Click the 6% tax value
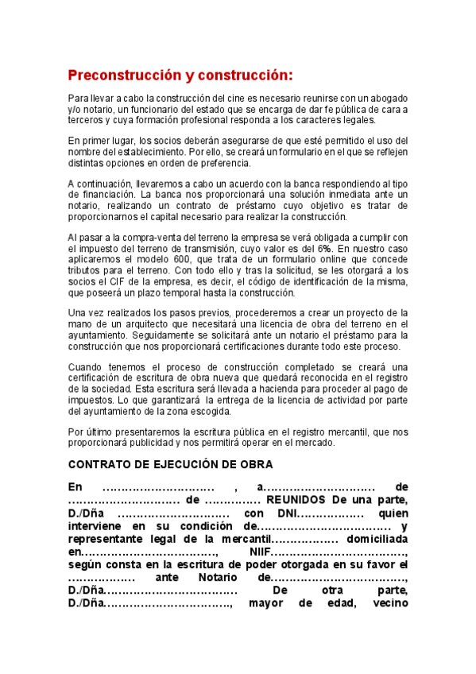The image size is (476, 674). click(x=324, y=249)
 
